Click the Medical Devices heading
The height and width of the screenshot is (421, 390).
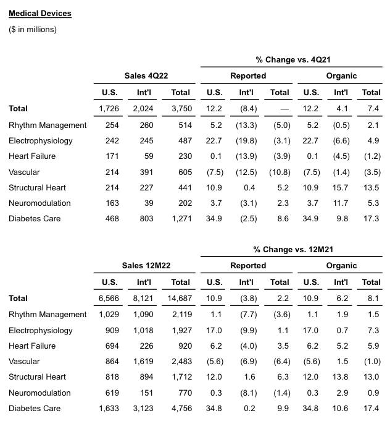point(40,13)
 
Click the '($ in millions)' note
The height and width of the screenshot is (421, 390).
point(33,29)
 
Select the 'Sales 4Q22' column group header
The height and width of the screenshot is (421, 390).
point(147,75)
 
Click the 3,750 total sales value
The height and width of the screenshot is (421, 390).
point(180,108)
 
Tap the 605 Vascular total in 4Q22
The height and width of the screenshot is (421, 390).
point(183,172)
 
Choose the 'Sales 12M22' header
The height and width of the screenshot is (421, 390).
point(147,265)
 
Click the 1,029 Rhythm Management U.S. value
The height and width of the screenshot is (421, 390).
point(109,314)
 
